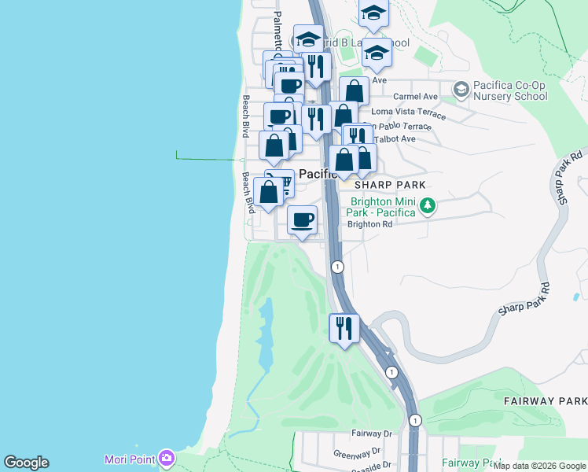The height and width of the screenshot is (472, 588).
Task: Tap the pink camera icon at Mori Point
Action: pyautogui.click(x=166, y=458)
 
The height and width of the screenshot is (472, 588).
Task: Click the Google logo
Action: pyautogui.click(x=26, y=463)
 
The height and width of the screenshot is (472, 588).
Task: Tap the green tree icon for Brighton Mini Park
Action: pyautogui.click(x=427, y=206)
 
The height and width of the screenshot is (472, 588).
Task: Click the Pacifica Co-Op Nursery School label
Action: pyautogui.click(x=510, y=91)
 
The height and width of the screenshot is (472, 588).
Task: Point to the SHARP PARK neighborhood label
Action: pyautogui.click(x=390, y=185)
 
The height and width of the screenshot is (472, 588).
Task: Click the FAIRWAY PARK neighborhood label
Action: pyautogui.click(x=545, y=400)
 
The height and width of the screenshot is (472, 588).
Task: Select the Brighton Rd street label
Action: pyautogui.click(x=369, y=224)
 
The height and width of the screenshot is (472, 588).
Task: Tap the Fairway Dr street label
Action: pyautogui.click(x=371, y=433)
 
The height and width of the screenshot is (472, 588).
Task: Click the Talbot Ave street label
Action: pyautogui.click(x=398, y=138)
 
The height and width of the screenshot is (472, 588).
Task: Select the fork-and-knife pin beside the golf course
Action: pyautogui.click(x=344, y=326)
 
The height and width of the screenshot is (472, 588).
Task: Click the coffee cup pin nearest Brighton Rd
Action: pyautogui.click(x=302, y=219)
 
